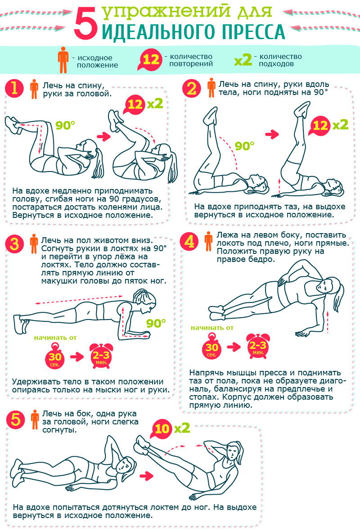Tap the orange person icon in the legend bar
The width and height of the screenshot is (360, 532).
pos(63,60)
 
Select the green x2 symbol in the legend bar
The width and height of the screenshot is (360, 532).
pos(243,60)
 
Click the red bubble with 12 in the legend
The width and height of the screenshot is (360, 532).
pos(151,60)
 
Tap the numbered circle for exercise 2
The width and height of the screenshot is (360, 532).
pos(191,88)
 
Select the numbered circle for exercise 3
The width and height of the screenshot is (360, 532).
pos(14,244)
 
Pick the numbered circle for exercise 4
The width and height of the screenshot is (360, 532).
pos(189,242)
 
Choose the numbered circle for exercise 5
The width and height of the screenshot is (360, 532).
pos(16,419)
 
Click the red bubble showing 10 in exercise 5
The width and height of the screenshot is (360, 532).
pos(162,429)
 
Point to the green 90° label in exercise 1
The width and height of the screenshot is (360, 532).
pos(65,125)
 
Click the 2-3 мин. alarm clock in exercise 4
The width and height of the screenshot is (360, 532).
pos(258,346)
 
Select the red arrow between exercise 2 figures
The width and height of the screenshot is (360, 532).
pos(272,134)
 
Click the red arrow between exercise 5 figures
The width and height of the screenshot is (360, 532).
pos(147,476)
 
